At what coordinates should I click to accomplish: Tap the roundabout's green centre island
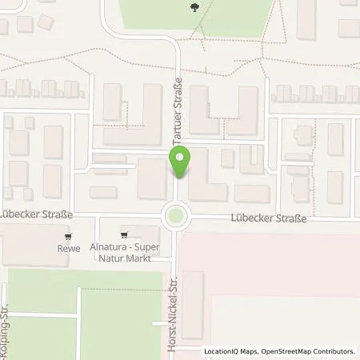(174, 215)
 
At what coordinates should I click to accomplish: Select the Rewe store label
(70, 249)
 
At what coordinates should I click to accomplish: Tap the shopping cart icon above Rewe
(70, 237)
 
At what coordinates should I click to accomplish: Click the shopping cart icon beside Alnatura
(125, 235)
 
